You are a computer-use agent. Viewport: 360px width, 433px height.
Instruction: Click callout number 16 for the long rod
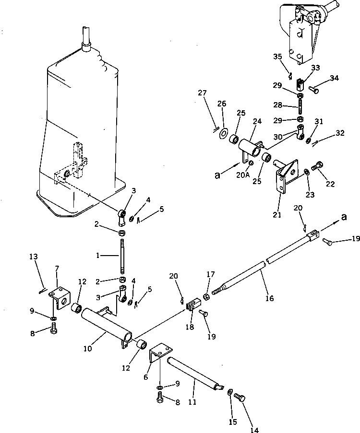[269, 298]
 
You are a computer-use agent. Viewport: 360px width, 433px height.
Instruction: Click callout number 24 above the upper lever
[258, 121]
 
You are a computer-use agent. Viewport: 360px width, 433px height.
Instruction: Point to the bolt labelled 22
[316, 168]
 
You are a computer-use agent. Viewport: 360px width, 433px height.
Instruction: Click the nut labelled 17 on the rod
[206, 297]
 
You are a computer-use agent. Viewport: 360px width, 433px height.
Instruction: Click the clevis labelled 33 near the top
[300, 84]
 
